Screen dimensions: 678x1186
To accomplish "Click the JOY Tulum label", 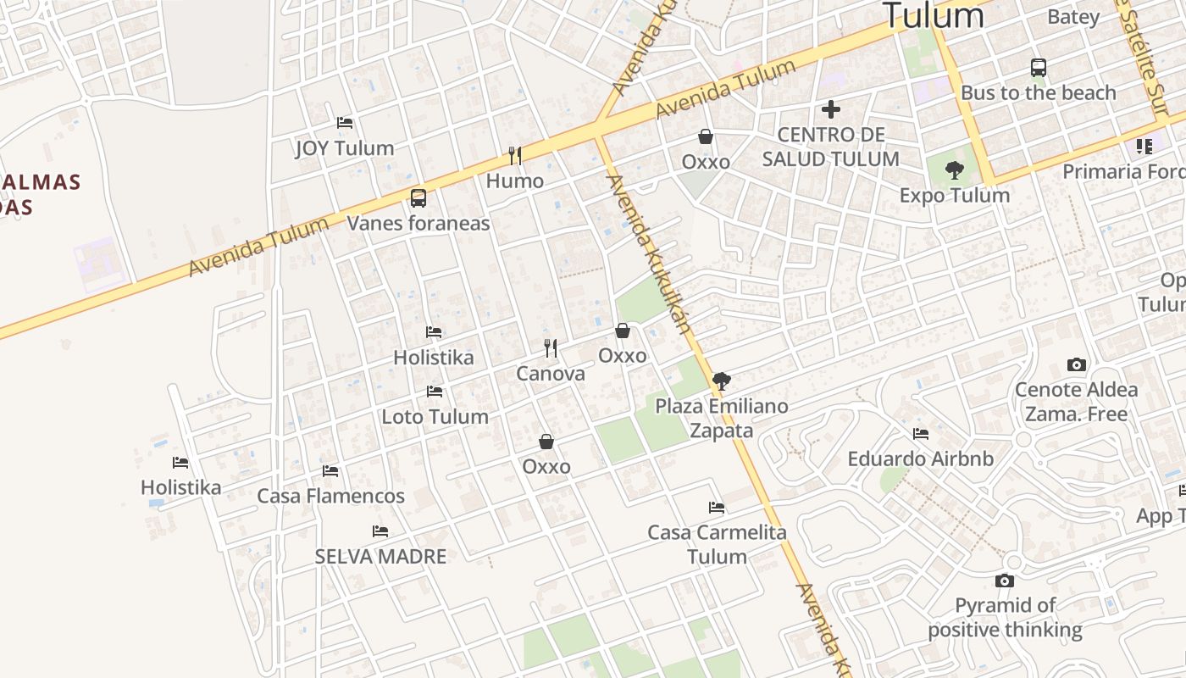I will point(345,148).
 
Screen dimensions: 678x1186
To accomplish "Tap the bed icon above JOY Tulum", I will point(345,122).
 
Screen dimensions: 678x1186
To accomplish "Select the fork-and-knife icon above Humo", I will point(514,155).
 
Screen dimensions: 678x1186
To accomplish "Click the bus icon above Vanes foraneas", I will point(418,198).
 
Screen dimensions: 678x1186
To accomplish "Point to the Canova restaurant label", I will point(551,374).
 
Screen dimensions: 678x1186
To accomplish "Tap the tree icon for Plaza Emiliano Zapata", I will point(721,381).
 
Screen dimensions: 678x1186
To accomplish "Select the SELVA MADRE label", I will point(380,557).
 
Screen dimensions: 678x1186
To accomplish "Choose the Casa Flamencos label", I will point(330,496).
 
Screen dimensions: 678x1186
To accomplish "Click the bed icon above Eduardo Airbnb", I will point(921,434).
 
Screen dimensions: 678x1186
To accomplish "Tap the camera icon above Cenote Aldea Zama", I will point(1077,364).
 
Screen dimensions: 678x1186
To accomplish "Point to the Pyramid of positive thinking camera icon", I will point(1005,581).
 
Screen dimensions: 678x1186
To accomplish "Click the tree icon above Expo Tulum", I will point(955,169).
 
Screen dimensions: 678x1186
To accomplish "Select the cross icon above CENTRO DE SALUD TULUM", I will point(831,108).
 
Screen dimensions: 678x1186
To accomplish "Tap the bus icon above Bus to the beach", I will point(1039,68).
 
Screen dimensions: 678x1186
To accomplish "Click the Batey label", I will point(1073,17).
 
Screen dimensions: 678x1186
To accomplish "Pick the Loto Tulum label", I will point(435,417).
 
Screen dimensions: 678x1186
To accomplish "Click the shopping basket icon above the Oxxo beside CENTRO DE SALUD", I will point(706,136).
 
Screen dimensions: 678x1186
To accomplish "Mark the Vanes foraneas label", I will point(418,224).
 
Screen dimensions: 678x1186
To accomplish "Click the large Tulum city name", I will point(933,15).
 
